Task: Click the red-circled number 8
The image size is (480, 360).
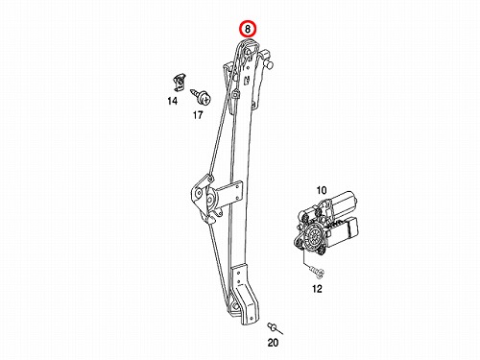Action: tap(248, 30)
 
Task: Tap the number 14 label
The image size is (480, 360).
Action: tap(172, 101)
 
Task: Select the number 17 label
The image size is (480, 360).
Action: tap(198, 114)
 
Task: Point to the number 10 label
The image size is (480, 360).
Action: tap(322, 190)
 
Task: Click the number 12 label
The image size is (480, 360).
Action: tap(317, 289)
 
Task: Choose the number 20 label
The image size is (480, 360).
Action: tap(273, 343)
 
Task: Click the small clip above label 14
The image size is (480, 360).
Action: tap(179, 83)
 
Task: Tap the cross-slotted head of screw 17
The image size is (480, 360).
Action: tap(205, 99)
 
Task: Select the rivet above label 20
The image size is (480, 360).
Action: tap(273, 326)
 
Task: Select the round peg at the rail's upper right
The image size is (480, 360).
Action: tap(269, 64)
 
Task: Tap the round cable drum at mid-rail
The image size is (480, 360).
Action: tap(210, 200)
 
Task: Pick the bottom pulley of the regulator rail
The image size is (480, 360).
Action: tap(235, 305)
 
